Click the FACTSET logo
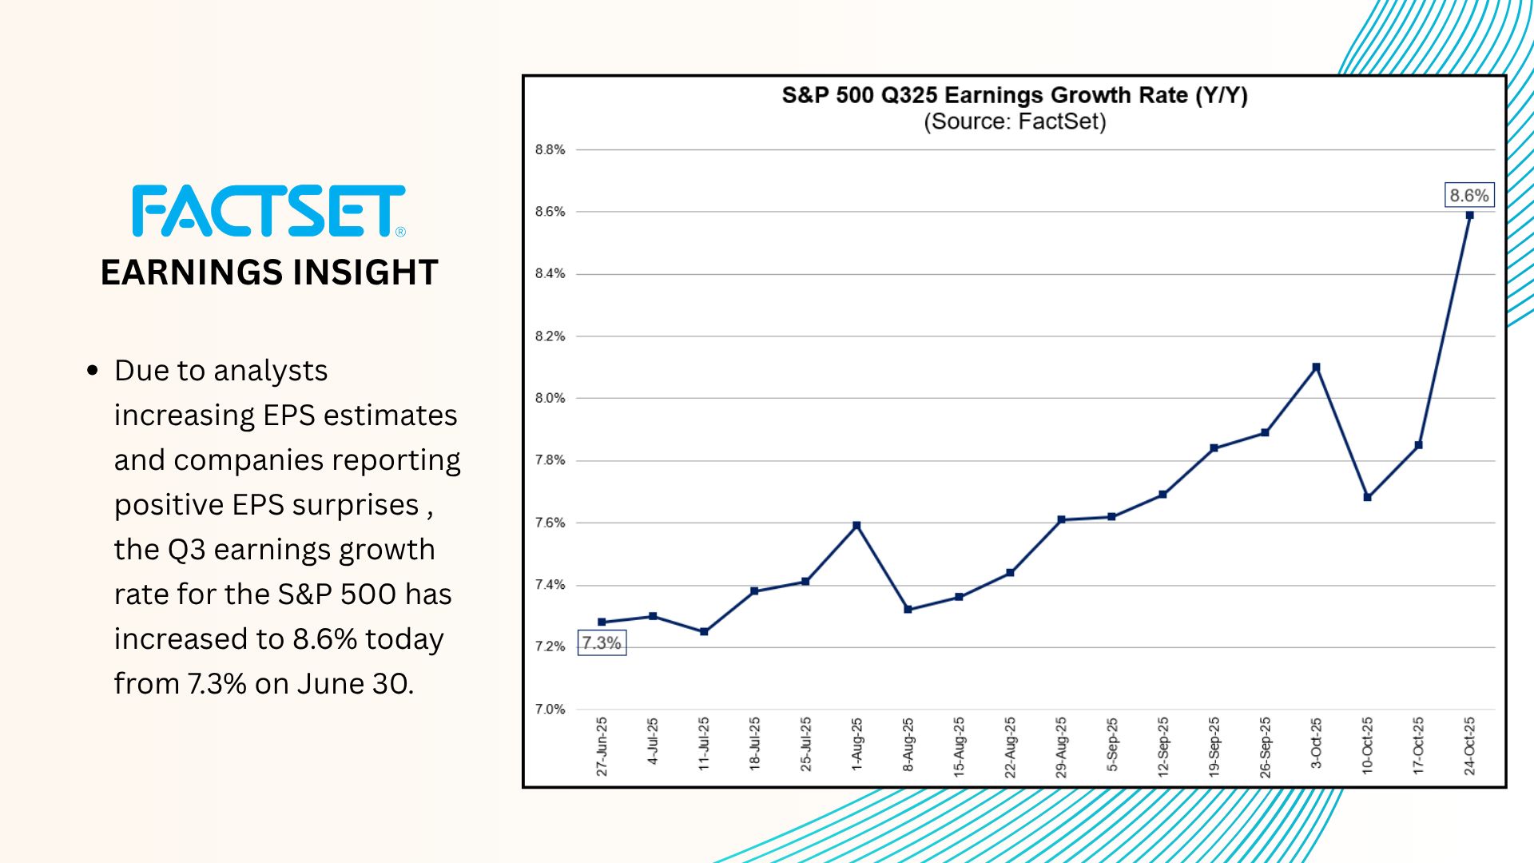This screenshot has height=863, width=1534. click(x=268, y=211)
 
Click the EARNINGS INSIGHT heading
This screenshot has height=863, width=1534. click(x=269, y=272)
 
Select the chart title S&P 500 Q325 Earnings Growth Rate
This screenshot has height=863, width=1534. click(x=1014, y=96)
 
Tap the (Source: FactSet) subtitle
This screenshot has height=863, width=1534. click(x=1015, y=122)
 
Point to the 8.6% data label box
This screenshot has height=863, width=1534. click(x=1468, y=196)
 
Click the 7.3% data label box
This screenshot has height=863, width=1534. click(x=602, y=642)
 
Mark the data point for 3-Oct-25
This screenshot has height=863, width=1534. click(x=1316, y=368)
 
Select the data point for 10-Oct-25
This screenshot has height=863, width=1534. click(x=1367, y=497)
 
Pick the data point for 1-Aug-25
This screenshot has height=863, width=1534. click(x=856, y=526)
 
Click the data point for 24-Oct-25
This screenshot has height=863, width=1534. click(x=1469, y=215)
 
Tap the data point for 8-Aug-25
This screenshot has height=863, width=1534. click(x=908, y=610)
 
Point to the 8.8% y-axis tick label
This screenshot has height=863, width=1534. click(x=550, y=149)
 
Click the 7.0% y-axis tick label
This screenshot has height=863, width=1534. click(x=550, y=709)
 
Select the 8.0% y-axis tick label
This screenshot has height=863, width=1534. click(x=550, y=398)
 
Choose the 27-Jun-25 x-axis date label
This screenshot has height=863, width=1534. click(x=602, y=746)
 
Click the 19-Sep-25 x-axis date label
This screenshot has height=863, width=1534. click(x=1214, y=746)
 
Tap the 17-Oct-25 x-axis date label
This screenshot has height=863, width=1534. click(x=1418, y=746)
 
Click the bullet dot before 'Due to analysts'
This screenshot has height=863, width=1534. click(x=93, y=371)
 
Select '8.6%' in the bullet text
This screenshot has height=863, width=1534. click(x=324, y=639)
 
